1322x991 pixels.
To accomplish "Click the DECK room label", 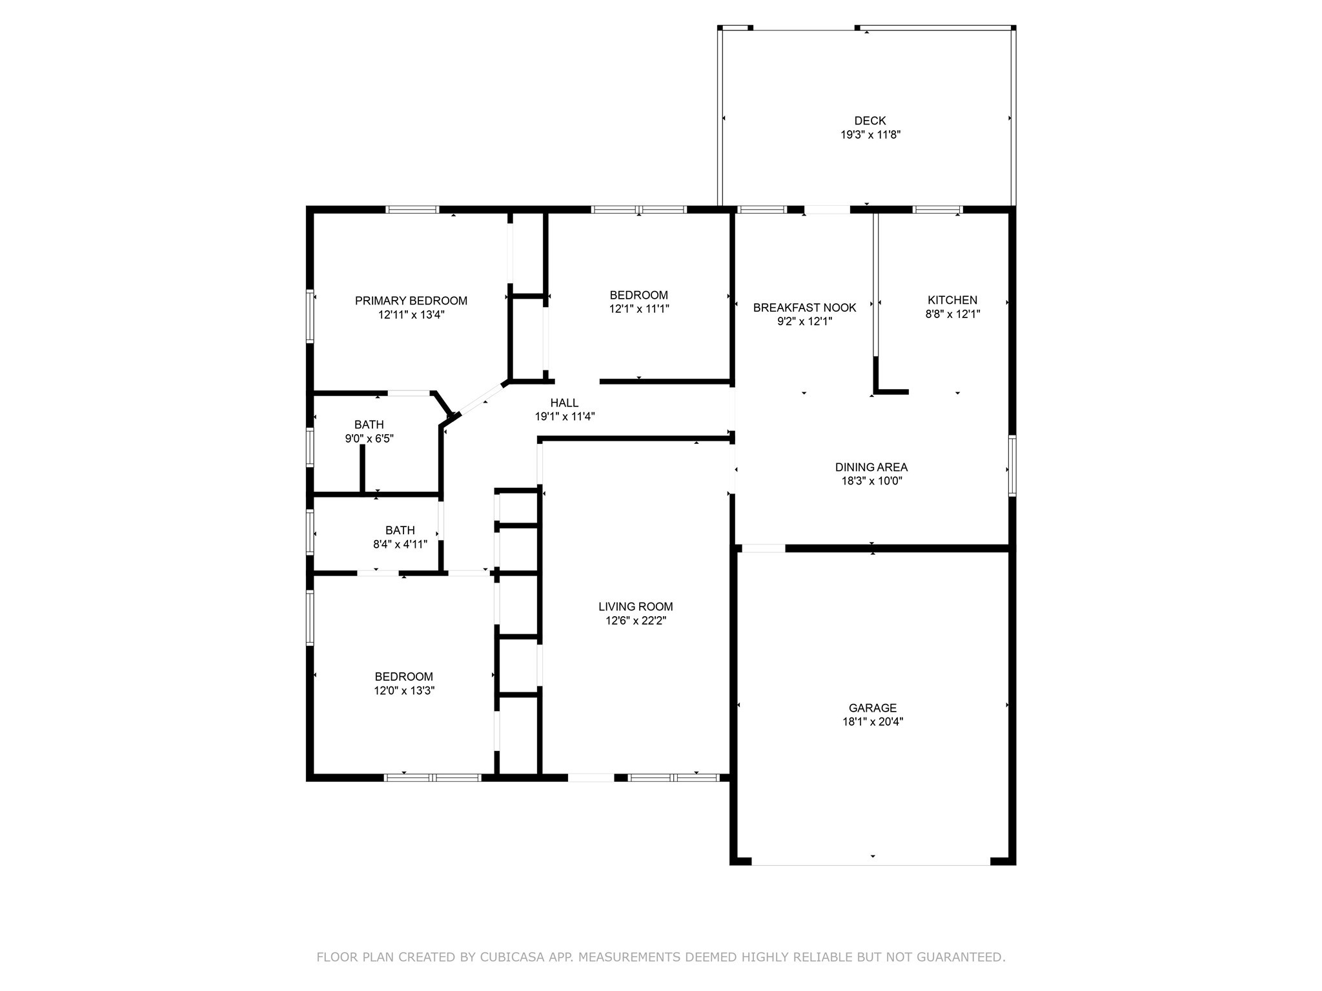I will [869, 121].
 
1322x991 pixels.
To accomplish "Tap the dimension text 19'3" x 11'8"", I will [869, 135].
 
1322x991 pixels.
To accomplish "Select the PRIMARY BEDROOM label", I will [411, 301].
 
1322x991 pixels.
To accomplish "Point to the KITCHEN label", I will [952, 300].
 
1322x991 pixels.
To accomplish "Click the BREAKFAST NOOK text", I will [804, 308].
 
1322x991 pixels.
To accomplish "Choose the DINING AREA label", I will [871, 467].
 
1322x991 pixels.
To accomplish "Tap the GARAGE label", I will [872, 708].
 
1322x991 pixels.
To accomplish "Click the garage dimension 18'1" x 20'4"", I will [872, 722].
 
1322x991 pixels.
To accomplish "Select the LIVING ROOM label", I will [635, 606].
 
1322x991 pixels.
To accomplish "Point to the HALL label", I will [564, 403].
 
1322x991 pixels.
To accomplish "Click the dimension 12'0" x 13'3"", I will [404, 690].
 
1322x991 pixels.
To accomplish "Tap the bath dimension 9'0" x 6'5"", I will [369, 439].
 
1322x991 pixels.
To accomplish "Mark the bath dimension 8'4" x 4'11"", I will [400, 545].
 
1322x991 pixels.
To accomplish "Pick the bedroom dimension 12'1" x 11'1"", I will [638, 309].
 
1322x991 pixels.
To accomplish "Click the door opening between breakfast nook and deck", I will [827, 210].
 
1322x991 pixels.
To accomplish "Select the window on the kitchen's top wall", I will [937, 210].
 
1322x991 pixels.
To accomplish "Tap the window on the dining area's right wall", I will [1012, 465].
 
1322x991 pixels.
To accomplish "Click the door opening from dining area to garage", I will [763, 548].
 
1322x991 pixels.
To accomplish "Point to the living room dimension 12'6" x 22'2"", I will [635, 621].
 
